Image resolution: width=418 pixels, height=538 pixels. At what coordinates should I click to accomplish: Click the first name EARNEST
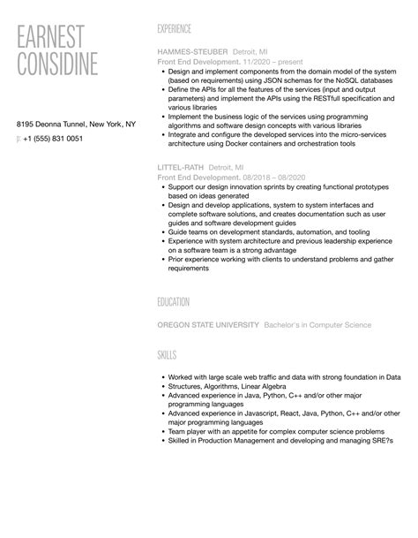coord(51,36)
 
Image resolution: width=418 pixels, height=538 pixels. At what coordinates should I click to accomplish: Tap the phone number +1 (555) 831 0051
coord(53,139)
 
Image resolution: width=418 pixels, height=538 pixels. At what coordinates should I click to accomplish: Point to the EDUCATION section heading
coord(174,301)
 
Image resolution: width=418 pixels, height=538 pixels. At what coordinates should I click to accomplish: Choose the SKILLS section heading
coord(167,355)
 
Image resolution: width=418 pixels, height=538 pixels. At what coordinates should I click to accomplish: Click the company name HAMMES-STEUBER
coord(192,52)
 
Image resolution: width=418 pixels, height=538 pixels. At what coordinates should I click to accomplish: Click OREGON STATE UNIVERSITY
coord(208,325)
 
